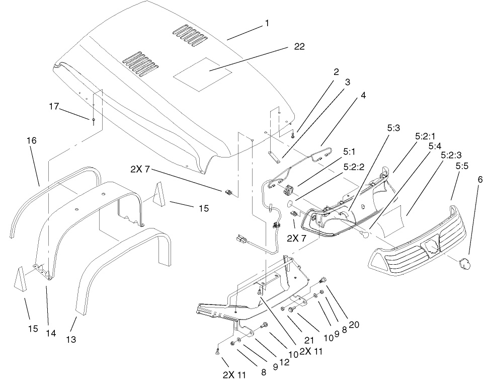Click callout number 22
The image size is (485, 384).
(x=298, y=47)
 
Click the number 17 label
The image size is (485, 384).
(x=54, y=107)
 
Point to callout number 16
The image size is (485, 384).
(x=32, y=141)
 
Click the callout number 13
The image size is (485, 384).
(x=71, y=340)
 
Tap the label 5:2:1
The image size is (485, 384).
(x=426, y=136)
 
